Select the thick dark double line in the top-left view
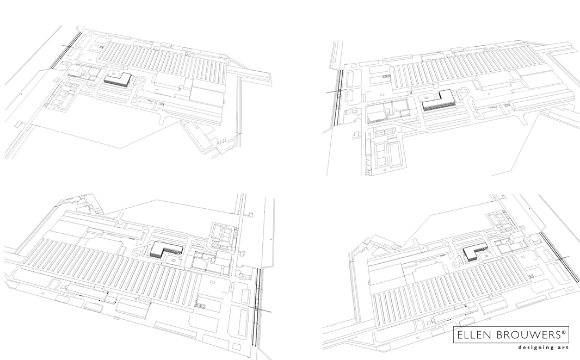(65, 52)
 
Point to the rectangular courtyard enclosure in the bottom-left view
(224, 233)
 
